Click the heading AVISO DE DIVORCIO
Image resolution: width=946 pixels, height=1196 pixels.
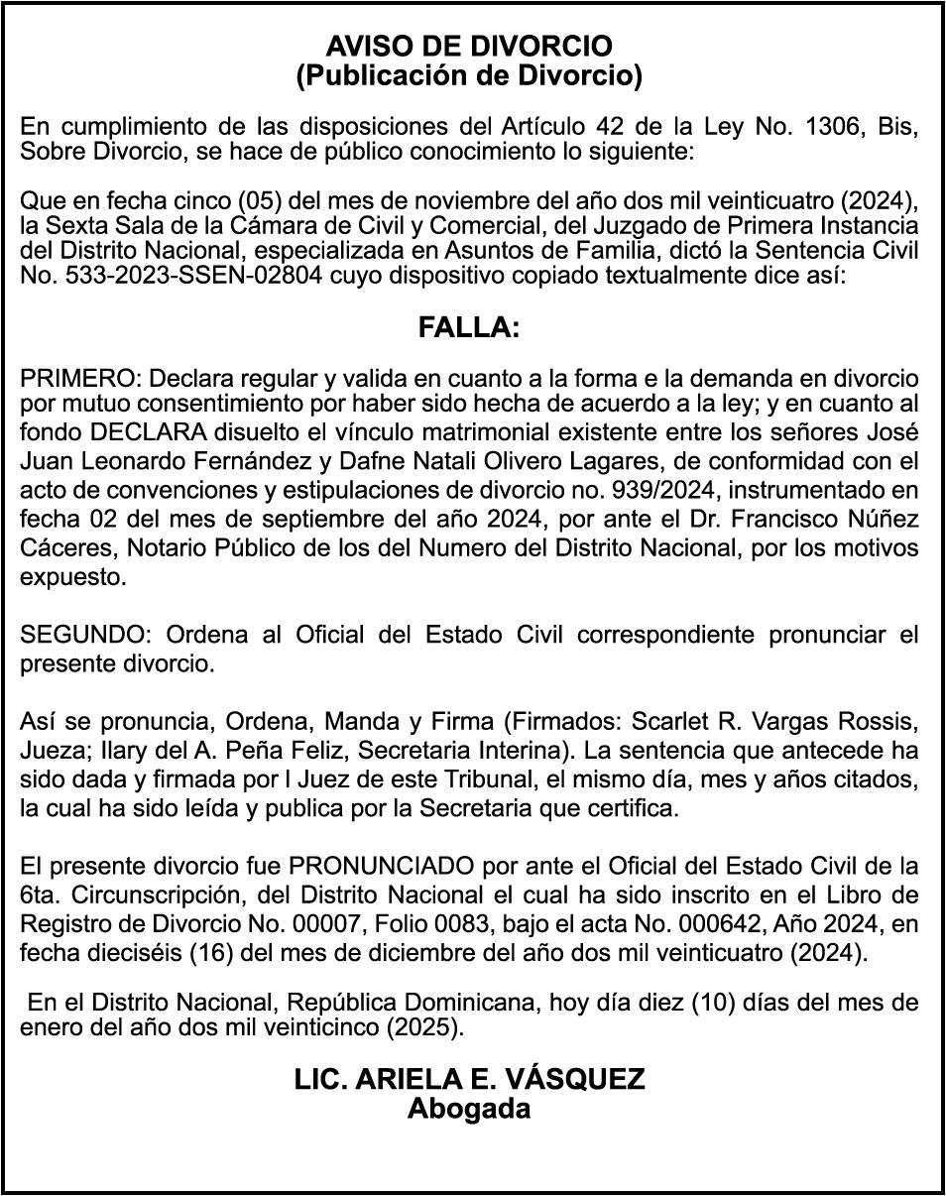[469, 46]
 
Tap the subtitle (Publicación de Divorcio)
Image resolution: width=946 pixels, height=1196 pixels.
[469, 74]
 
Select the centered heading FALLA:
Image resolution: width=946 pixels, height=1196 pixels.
[469, 328]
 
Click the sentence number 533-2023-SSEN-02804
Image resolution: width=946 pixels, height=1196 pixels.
[172, 275]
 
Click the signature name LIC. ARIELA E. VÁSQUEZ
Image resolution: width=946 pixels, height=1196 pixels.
[469, 1079]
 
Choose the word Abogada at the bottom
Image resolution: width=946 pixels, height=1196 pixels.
[469, 1108]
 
